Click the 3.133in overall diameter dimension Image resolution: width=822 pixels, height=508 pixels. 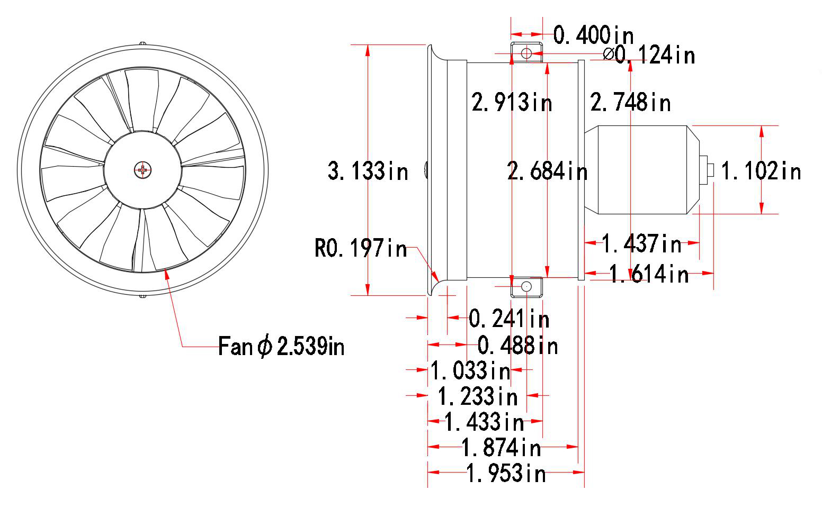tap(368, 171)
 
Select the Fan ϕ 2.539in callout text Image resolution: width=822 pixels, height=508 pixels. tap(281, 346)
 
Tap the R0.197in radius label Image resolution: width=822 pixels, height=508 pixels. tap(361, 248)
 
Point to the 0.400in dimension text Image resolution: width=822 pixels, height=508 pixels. tap(593, 35)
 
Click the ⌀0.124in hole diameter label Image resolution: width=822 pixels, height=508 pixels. tap(649, 55)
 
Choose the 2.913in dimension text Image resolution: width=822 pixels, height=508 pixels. tap(512, 102)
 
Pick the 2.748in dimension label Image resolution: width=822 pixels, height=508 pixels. tap(630, 102)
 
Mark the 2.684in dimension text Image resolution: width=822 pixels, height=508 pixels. tap(547, 171)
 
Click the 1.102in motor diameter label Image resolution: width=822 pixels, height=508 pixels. tap(761, 171)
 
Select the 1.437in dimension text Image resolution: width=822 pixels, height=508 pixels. tap(641, 243)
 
